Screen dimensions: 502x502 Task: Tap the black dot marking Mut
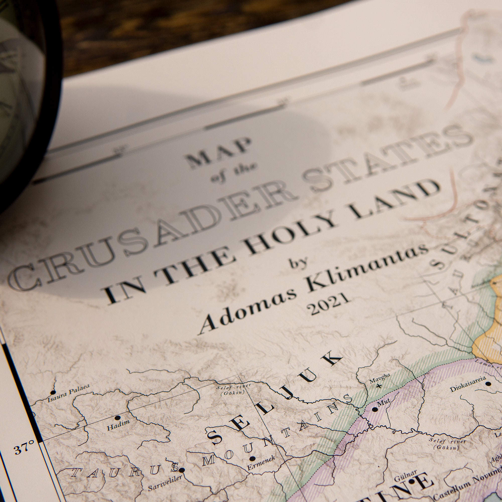click(x=375, y=409)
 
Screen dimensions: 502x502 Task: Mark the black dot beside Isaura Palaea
click(x=53, y=392)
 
